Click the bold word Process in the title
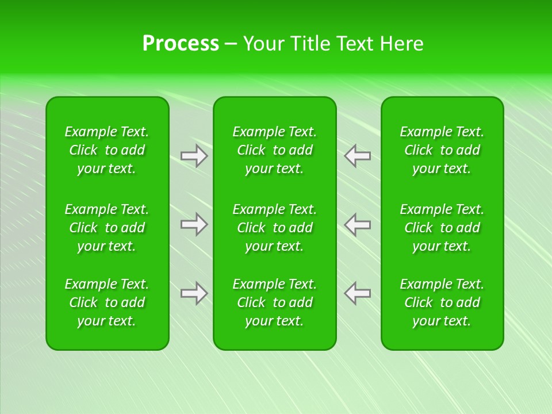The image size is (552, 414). point(181,44)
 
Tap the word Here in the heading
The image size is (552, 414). point(402,44)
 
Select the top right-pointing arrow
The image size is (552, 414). point(194,156)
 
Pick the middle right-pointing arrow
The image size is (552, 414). point(194,224)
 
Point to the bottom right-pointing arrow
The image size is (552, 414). point(194,293)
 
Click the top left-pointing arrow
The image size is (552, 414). point(358,156)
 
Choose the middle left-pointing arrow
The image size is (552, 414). point(358,224)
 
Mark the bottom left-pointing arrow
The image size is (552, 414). point(358,293)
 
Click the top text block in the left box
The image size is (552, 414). point(107,150)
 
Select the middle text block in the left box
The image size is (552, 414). point(107,228)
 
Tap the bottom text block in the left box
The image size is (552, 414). point(107,302)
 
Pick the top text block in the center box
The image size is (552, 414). point(274,150)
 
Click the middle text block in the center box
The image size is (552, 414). point(274,228)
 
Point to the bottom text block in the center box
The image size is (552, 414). point(274,302)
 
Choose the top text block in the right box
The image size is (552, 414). point(442,150)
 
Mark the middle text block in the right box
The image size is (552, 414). point(442,228)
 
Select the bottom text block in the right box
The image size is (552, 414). point(442,302)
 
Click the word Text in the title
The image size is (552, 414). point(355,44)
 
